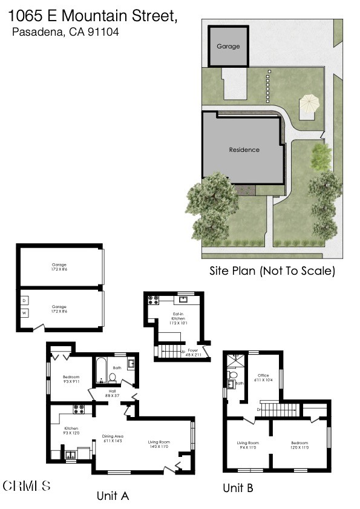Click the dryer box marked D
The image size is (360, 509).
(25, 300)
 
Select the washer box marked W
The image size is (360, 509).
(25, 313)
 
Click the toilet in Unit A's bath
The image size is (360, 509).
(113, 377)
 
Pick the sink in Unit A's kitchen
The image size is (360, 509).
(70, 455)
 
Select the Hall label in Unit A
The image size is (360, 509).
(113, 393)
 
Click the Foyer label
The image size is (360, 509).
(192, 352)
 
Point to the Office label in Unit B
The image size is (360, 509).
(263, 377)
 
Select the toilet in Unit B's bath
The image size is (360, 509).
(233, 376)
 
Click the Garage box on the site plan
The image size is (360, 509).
(228, 46)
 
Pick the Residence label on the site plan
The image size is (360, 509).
(244, 149)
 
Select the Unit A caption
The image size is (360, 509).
(113, 496)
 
